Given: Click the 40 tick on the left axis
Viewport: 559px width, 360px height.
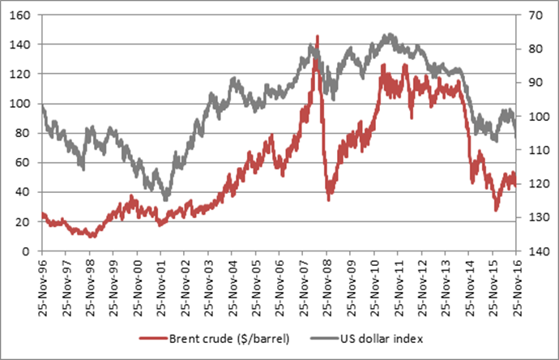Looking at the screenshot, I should pyautogui.click(x=24, y=192).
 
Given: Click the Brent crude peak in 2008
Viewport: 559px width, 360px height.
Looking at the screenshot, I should pyautogui.click(x=317, y=36).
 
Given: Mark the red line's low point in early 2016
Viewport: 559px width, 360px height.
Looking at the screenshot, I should pyautogui.click(x=497, y=210).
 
